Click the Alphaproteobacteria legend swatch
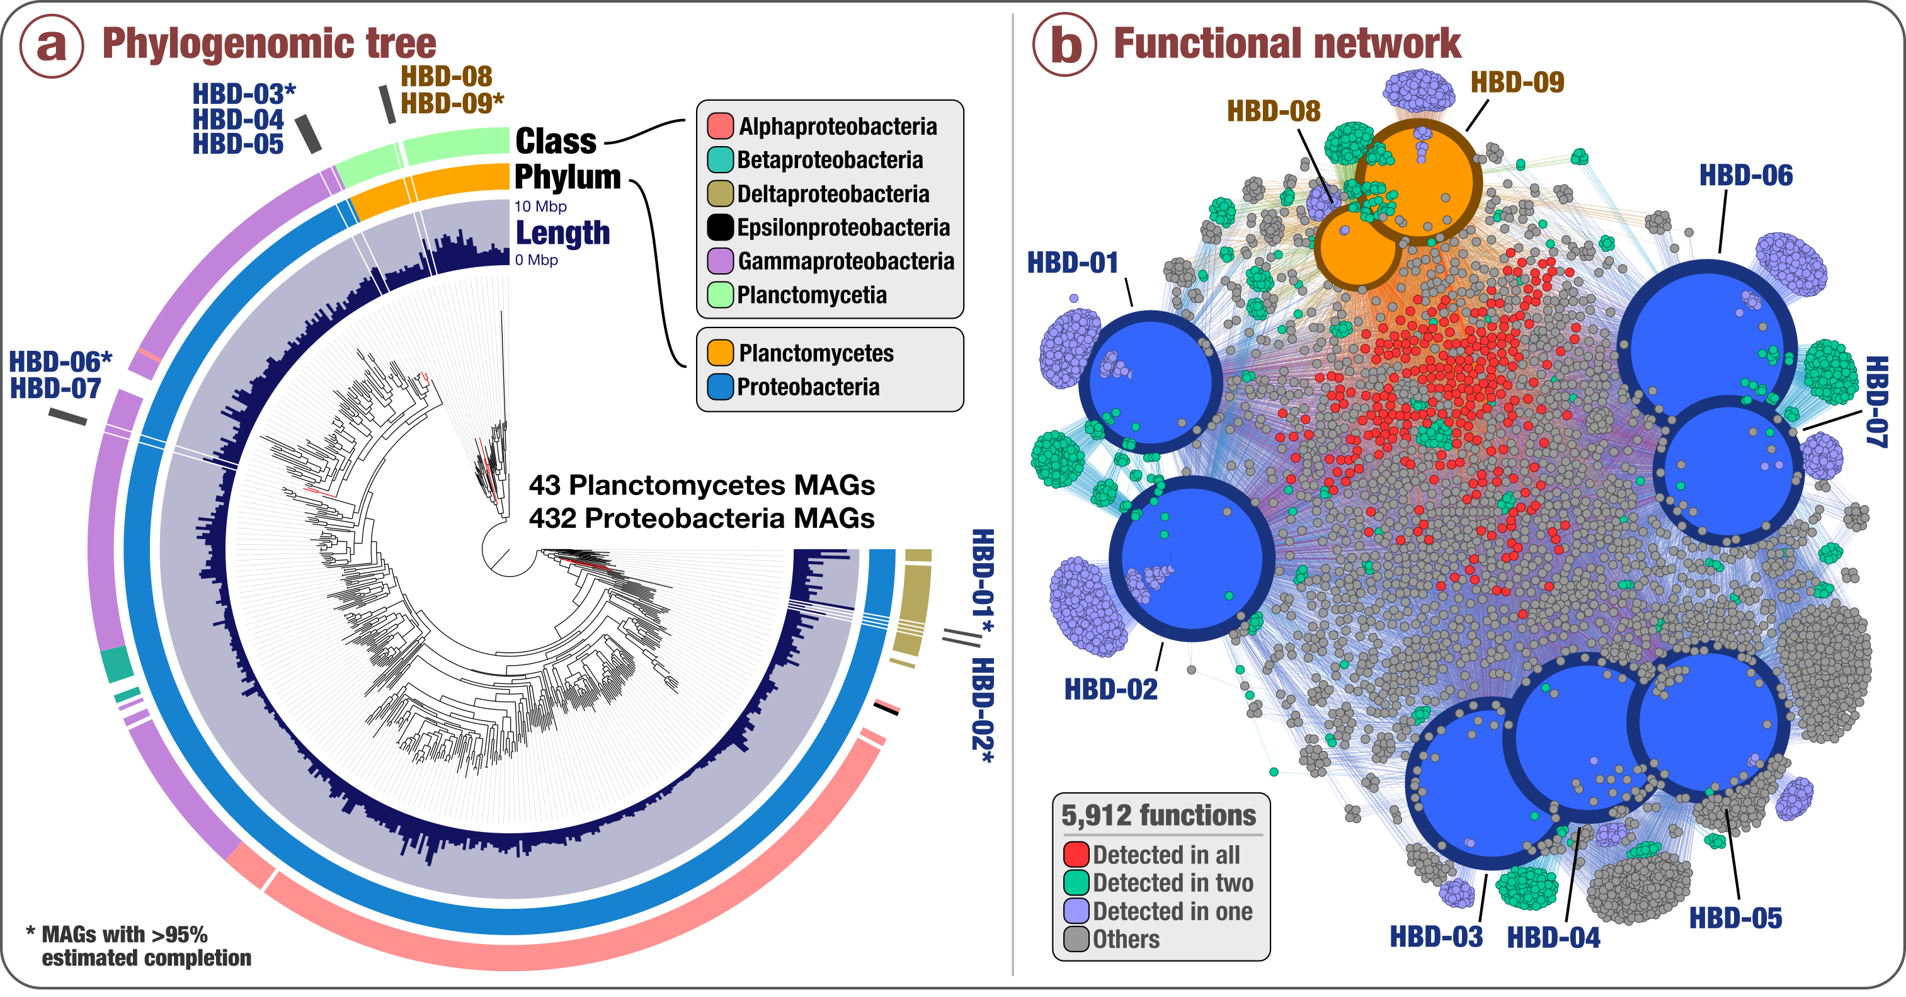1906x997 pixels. pyautogui.click(x=720, y=127)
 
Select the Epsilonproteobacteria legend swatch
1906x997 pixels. pyautogui.click(x=720, y=227)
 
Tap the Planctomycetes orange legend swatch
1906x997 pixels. pyautogui.click(x=720, y=353)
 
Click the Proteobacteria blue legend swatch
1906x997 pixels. pyautogui.click(x=720, y=387)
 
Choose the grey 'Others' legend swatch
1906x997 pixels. pyautogui.click(x=1076, y=939)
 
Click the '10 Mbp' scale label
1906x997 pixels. pyautogui.click(x=540, y=207)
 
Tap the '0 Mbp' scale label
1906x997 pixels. pyautogui.click(x=537, y=259)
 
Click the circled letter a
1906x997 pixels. pyautogui.click(x=51, y=45)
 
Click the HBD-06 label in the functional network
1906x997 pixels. pyautogui.click(x=1745, y=175)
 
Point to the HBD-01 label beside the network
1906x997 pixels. pyautogui.click(x=1072, y=263)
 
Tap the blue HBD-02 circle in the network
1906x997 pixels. pyautogui.click(x=1191, y=559)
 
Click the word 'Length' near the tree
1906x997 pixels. pyautogui.click(x=562, y=233)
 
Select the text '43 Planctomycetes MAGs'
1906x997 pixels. pyautogui.click(x=702, y=485)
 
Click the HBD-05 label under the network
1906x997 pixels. pyautogui.click(x=1735, y=918)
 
